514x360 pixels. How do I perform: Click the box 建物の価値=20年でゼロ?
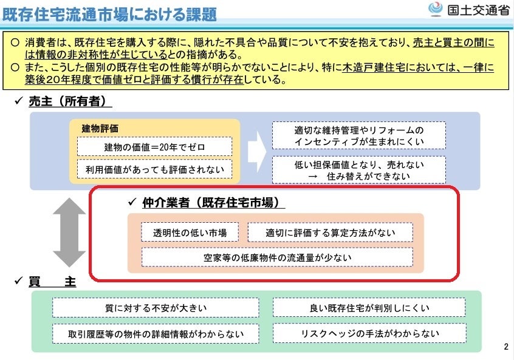pos(154,146)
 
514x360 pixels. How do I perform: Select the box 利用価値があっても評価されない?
pos(154,169)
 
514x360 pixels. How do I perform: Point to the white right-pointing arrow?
pos(256,152)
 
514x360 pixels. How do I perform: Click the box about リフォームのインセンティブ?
pos(358,136)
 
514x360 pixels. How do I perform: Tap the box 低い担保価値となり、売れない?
pos(358,170)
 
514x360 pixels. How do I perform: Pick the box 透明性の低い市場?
pos(190,232)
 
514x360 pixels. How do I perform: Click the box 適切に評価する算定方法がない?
pos(330,232)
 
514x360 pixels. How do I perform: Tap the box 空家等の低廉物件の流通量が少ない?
pos(277,257)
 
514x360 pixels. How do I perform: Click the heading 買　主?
pos(52,282)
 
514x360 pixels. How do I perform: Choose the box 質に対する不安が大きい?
pos(156,307)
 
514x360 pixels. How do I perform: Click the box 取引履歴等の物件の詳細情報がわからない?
pos(156,333)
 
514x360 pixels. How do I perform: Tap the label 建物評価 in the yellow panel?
pos(100,128)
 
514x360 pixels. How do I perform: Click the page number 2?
pos(506,347)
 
